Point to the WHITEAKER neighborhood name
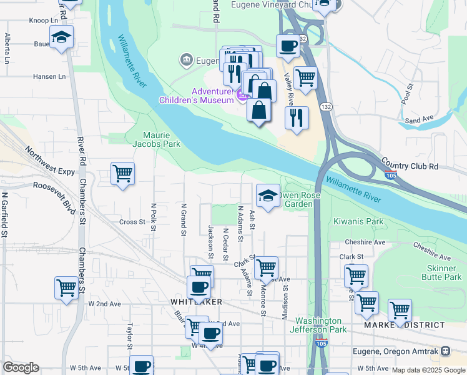click(x=197, y=302)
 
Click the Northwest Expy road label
click(x=49, y=161)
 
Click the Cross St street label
click(x=132, y=222)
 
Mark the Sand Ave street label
click(x=419, y=119)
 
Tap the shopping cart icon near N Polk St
click(x=122, y=173)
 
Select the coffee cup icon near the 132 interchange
click(x=288, y=46)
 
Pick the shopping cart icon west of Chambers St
click(x=66, y=288)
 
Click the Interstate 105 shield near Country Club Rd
click(x=391, y=176)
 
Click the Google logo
click(x=21, y=367)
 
